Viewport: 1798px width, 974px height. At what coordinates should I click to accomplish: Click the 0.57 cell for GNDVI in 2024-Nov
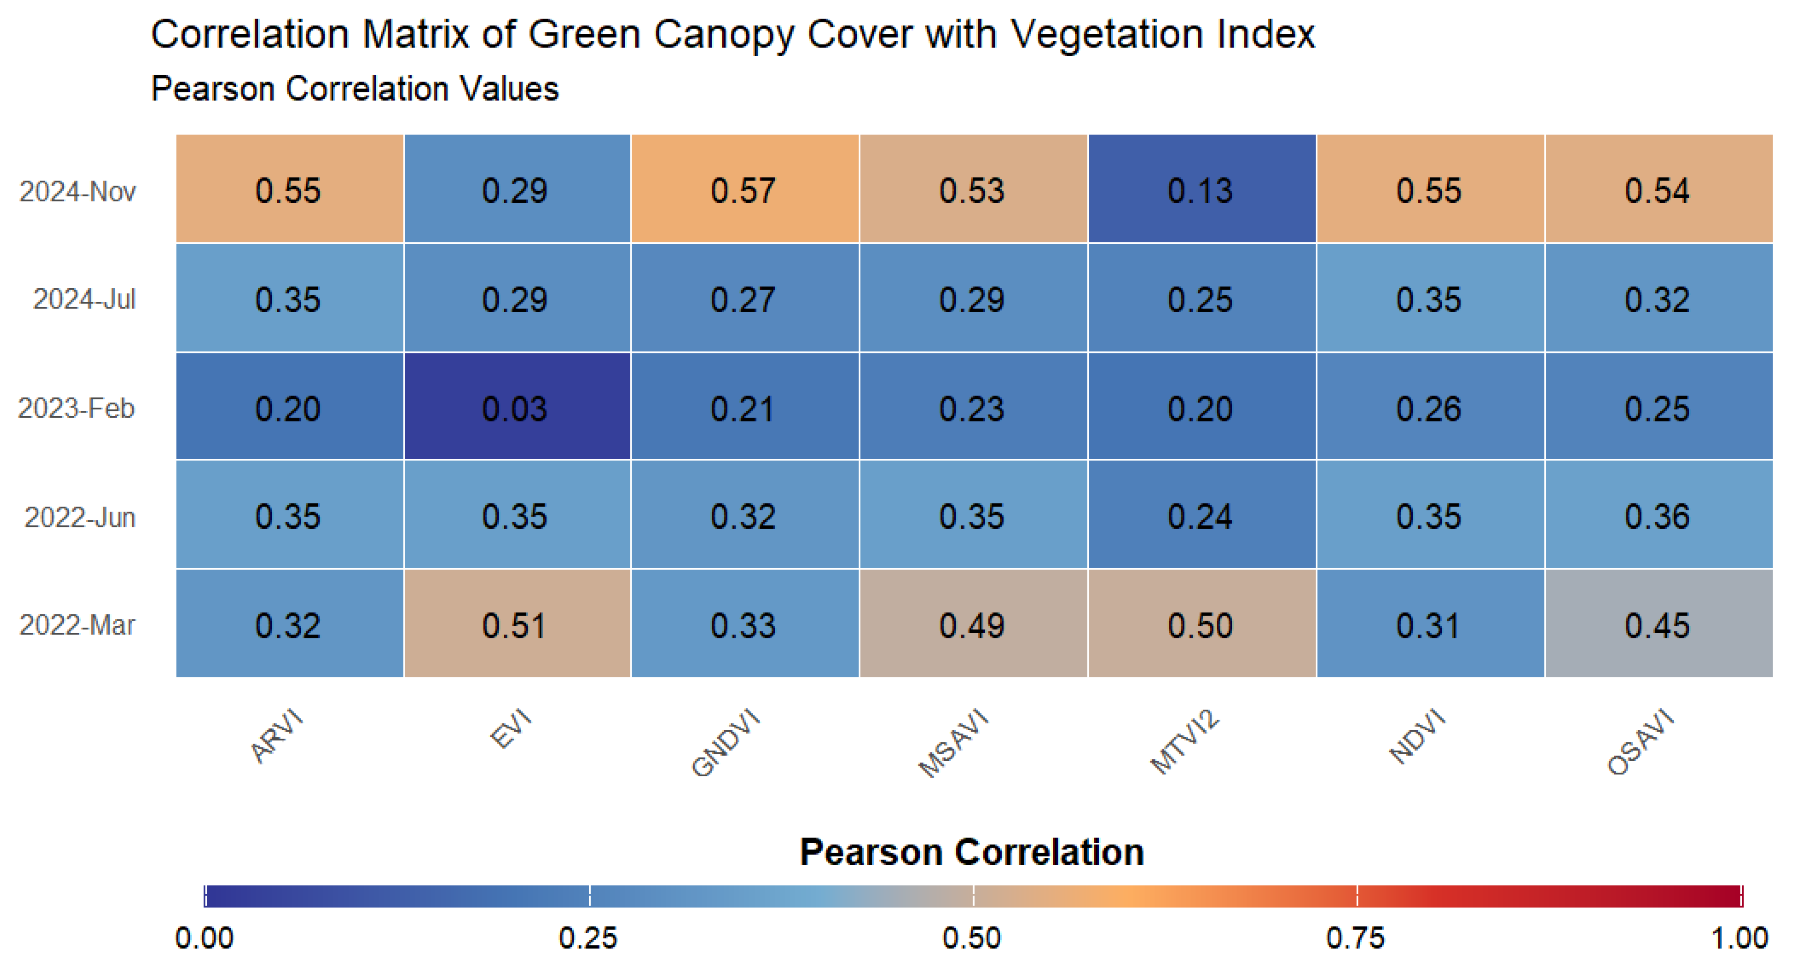pos(743,190)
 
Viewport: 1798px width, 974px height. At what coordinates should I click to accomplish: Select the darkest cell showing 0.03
pos(516,408)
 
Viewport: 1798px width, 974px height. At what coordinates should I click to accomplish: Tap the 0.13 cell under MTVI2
pos(1200,190)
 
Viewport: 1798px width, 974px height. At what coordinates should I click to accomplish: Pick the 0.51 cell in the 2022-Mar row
pos(516,625)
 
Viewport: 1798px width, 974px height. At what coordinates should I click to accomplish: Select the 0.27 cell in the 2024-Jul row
pos(743,299)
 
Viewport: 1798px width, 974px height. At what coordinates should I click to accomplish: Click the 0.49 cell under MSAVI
pos(972,625)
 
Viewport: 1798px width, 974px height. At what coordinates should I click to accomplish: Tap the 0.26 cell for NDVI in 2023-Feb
pos(1429,408)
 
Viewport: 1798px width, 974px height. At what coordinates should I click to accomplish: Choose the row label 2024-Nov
pos(77,191)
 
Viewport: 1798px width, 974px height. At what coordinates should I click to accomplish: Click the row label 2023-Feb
pos(76,408)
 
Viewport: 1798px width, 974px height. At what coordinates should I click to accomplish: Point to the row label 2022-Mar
pos(77,625)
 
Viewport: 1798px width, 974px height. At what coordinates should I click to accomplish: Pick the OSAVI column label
pos(1640,742)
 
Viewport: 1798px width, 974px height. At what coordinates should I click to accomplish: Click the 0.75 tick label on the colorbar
pos(1355,938)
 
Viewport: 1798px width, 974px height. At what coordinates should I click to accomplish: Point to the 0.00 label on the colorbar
pos(204,938)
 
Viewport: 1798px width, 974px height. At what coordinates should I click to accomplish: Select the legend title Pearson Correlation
pos(972,852)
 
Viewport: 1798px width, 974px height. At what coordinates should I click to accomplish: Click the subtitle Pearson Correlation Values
pos(354,89)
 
